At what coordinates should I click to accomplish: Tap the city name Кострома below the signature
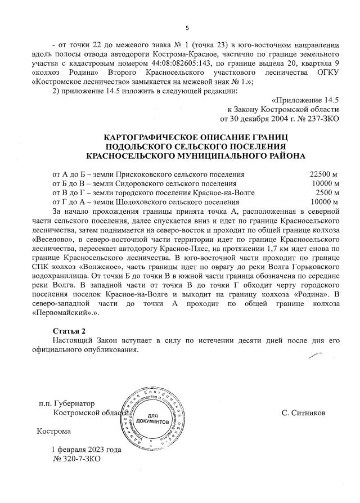tap(54, 432)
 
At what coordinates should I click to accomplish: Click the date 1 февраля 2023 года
tap(86, 450)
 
